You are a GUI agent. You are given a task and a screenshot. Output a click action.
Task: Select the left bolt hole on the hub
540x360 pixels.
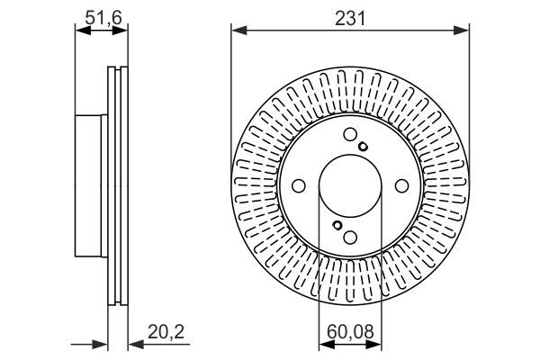[x=298, y=186]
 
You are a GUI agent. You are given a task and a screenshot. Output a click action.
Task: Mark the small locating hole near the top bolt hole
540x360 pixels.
[x=362, y=147]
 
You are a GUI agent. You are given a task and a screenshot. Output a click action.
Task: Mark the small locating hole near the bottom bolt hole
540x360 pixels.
[x=336, y=226]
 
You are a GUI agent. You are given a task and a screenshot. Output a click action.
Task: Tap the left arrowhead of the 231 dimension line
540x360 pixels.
[x=237, y=31]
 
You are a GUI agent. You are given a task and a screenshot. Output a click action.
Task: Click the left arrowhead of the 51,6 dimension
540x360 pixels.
[x=79, y=31]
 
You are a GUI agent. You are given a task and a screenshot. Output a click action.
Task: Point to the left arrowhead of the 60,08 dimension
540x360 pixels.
[x=325, y=343]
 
